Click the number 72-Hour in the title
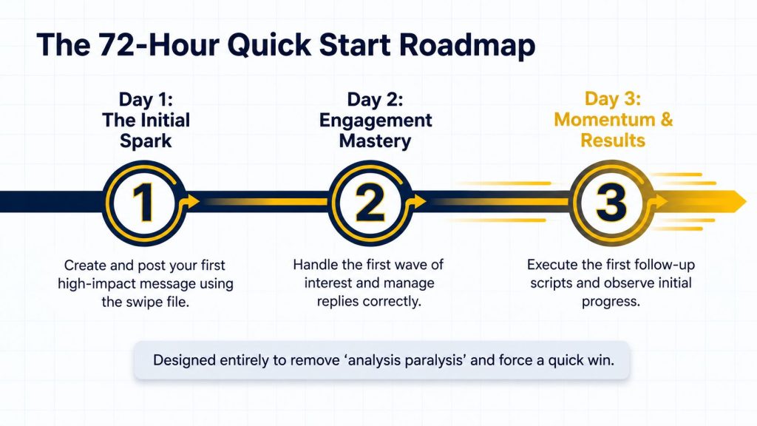158,45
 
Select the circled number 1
143,203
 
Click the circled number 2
370,203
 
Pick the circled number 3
611,202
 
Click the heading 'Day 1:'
146,99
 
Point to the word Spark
146,141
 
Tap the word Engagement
376,121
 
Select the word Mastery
375,141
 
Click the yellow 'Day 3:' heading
613,98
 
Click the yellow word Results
613,140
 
